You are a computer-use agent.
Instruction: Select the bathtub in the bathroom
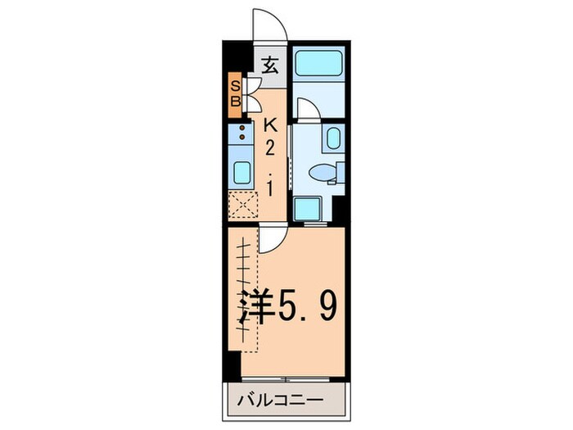[x=318, y=62]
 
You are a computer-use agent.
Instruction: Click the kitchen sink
[x=243, y=173]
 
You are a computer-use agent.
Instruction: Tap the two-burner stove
[x=243, y=133]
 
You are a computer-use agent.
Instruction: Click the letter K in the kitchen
[x=269, y=125]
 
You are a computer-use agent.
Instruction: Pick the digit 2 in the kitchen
[x=269, y=150]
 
